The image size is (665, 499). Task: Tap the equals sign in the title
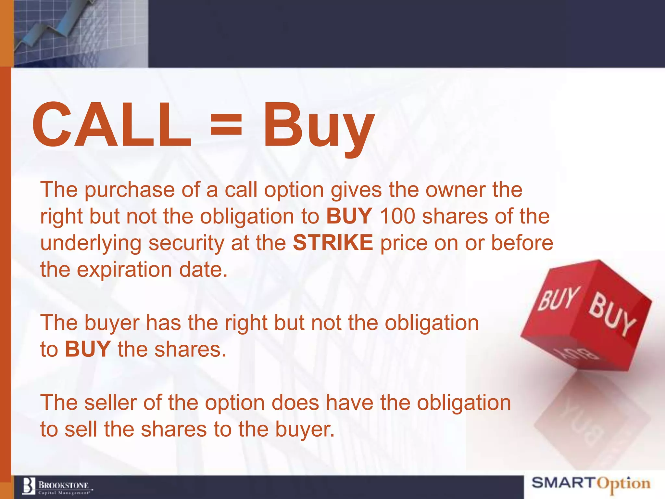226,125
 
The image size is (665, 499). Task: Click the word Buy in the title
318,127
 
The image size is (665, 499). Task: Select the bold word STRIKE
333,243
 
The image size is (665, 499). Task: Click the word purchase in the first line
130,190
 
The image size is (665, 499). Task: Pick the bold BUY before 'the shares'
88,349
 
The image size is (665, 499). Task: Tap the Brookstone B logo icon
29,486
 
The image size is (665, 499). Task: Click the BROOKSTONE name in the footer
64,485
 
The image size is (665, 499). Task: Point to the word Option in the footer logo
624,484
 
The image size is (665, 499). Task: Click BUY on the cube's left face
558,298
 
